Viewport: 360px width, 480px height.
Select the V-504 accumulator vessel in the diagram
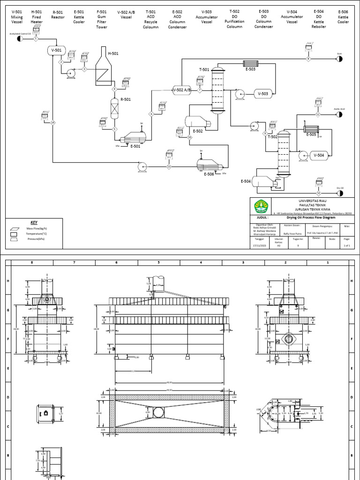pos(319,155)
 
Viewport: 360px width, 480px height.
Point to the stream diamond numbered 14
pos(53,123)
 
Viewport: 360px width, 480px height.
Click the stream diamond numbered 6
pos(151,114)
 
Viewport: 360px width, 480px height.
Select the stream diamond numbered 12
pos(318,193)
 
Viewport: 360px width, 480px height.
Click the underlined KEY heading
pos(33,222)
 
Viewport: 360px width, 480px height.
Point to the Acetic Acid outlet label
pos(339,109)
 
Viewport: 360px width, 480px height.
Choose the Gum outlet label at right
pos(339,54)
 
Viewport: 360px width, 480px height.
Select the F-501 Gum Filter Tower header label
pos(101,18)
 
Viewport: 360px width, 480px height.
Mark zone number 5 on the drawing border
pos(158,262)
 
